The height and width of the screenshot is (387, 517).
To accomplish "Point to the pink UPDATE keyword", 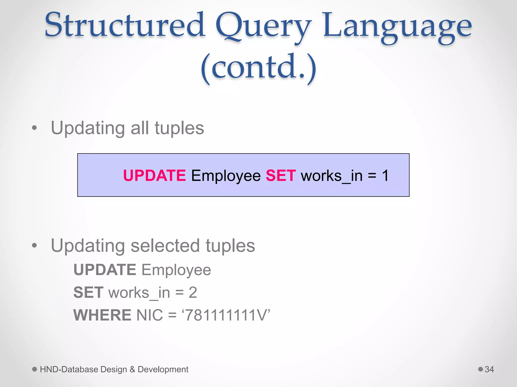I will (x=154, y=175).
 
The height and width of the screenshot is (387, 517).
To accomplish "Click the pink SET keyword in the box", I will (x=281, y=175).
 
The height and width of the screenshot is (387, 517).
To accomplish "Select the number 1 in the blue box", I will (x=385, y=175).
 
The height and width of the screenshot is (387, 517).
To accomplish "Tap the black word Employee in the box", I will (x=226, y=176).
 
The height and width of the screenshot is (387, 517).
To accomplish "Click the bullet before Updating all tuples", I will (x=35, y=128).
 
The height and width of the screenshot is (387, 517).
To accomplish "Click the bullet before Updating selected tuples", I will (x=35, y=245).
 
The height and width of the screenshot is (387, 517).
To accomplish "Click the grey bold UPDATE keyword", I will (x=105, y=270).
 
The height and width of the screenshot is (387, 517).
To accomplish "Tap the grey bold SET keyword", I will (x=88, y=292).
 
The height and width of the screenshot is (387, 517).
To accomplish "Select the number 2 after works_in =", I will (x=193, y=292).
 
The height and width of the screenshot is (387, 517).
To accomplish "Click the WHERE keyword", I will (x=102, y=315).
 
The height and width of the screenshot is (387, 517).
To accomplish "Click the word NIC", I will (x=149, y=315).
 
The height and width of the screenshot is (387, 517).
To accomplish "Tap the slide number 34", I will (x=489, y=369).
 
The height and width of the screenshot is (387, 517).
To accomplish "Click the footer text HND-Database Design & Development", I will (x=114, y=369).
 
